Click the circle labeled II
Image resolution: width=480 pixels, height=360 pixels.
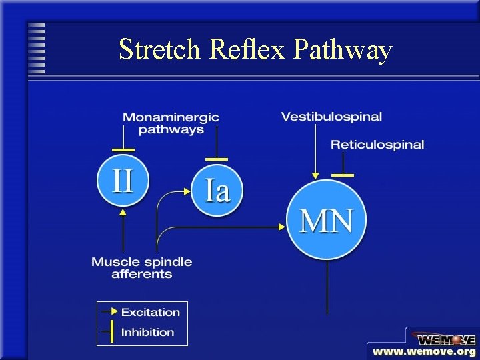point(123,180)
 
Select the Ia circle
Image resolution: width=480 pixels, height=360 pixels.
point(217,190)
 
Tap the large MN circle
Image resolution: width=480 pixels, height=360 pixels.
point(327,220)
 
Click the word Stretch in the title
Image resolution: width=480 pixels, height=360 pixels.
point(160,50)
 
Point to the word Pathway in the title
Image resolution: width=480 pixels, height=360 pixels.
point(341,51)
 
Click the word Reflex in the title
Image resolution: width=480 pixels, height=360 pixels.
point(247,50)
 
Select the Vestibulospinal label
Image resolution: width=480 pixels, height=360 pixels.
point(331,117)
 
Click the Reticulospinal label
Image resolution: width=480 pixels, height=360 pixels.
point(377,145)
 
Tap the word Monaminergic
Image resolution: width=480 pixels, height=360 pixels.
point(171,117)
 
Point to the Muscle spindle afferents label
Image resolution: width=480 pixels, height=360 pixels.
point(141,268)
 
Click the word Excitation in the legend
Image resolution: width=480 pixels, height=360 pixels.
point(151,312)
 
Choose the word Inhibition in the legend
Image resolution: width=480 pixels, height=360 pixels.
point(147,332)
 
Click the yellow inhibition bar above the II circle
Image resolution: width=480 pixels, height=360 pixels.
point(123,150)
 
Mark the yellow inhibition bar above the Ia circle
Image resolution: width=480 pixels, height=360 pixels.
point(217,159)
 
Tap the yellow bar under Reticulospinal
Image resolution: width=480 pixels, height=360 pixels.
point(343,175)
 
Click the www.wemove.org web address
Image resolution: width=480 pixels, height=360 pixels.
point(424,351)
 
